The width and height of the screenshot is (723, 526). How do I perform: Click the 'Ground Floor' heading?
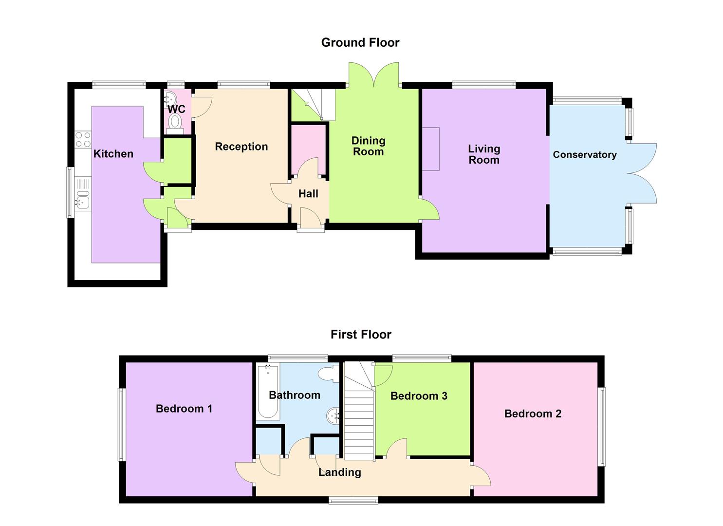(360, 43)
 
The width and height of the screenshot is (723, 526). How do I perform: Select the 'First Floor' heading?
(361, 335)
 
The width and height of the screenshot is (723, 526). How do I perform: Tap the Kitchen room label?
(113, 154)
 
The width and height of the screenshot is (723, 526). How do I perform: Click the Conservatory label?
(584, 155)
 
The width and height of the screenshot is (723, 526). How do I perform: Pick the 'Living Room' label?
(484, 154)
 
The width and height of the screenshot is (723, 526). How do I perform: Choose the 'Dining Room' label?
(369, 146)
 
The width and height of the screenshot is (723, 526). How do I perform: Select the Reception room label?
(241, 147)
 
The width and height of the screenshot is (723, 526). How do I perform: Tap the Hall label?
(308, 194)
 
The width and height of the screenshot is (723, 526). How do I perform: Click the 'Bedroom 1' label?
(184, 409)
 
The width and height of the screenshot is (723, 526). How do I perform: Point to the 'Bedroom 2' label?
(533, 414)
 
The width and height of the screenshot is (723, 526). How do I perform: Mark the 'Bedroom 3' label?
(419, 396)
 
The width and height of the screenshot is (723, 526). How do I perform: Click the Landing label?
(340, 472)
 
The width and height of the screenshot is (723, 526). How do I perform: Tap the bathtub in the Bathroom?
(268, 392)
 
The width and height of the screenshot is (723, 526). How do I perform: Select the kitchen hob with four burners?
(83, 139)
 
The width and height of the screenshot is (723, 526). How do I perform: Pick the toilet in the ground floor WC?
(175, 122)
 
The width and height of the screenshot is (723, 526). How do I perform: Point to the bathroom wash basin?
(334, 415)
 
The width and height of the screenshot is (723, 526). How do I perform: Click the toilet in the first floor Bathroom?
(327, 374)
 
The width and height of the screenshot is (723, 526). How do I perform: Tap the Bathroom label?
(295, 395)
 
